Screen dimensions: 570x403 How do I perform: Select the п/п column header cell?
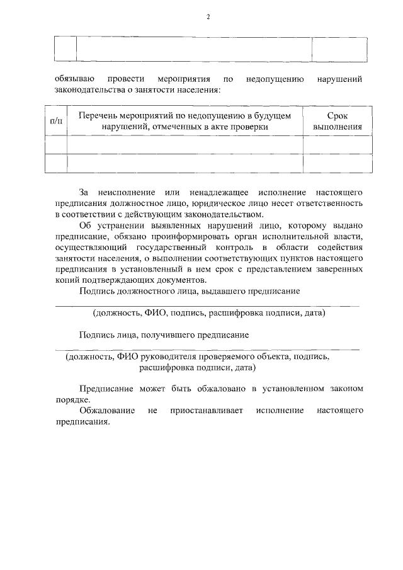pyautogui.click(x=55, y=121)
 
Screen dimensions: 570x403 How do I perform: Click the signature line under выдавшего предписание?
pyautogui.click(x=208, y=306)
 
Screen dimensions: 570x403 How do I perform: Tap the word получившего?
pyautogui.click(x=159, y=334)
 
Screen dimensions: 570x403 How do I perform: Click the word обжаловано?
pyautogui.click(x=217, y=389)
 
